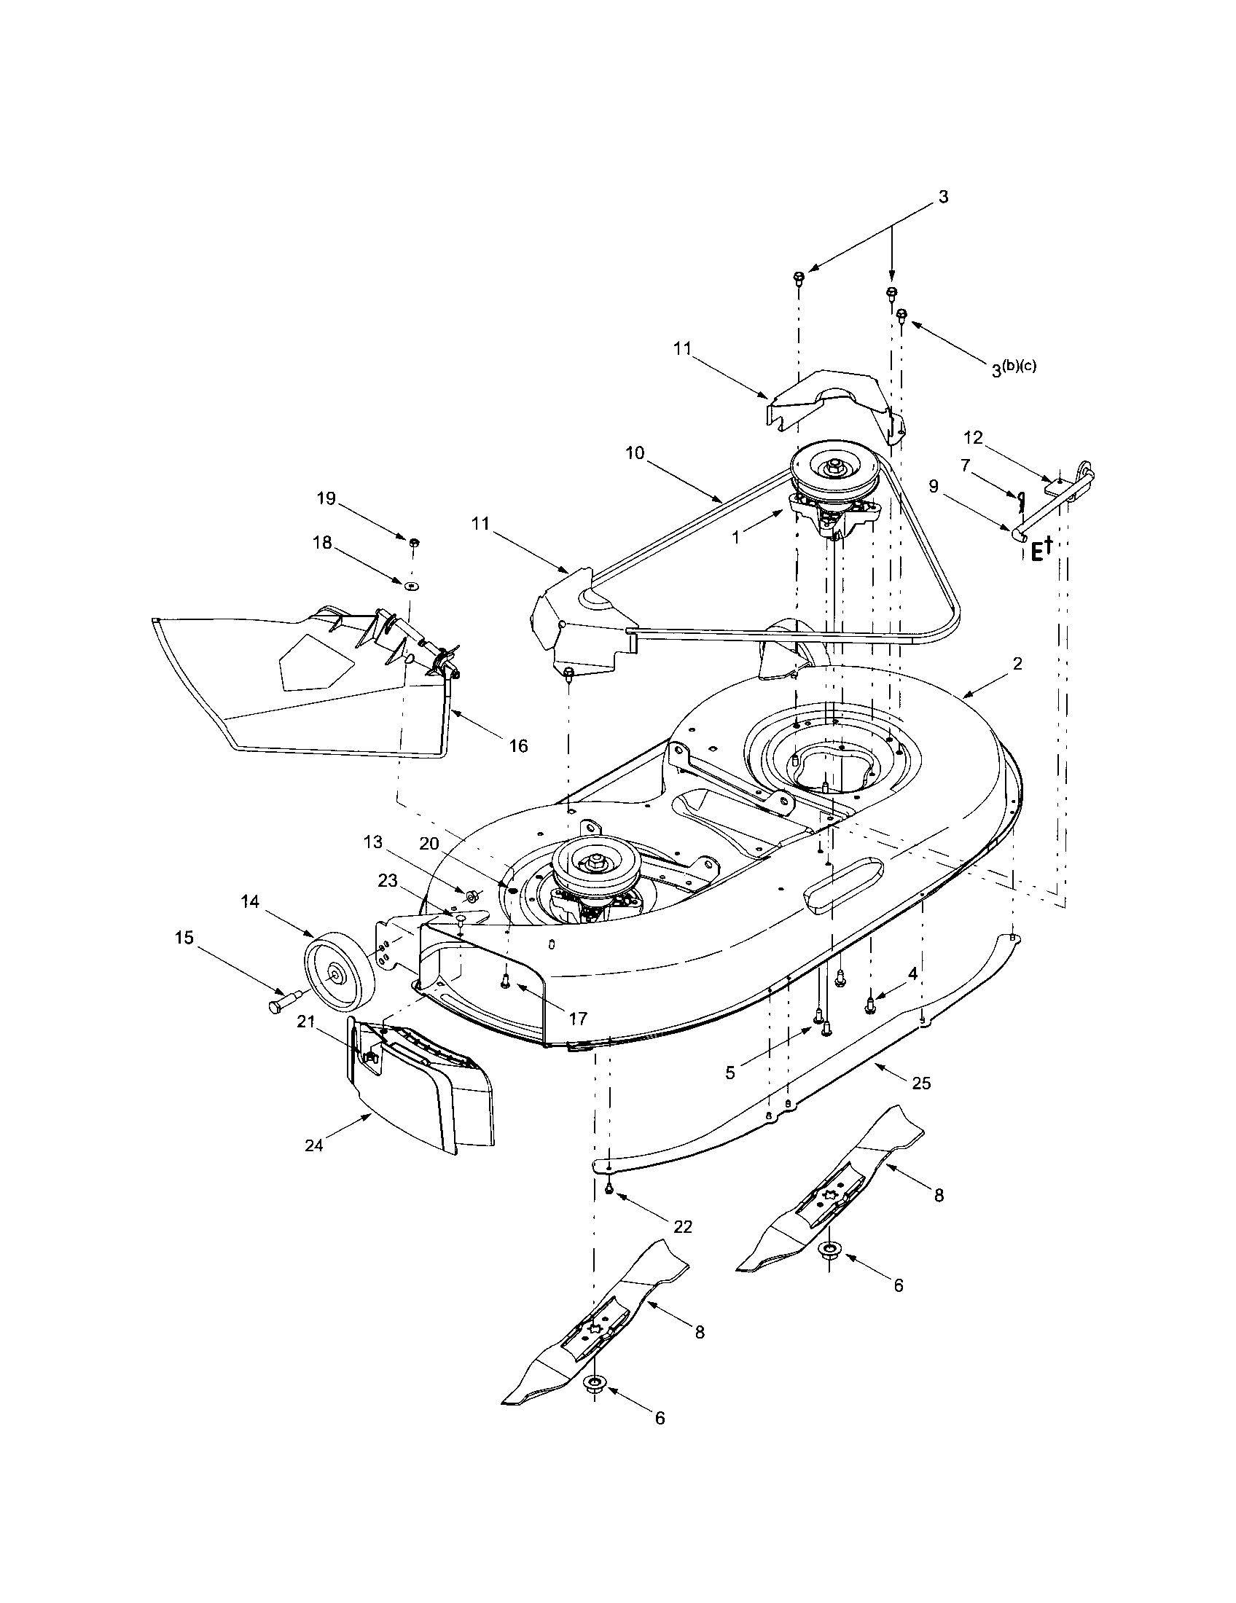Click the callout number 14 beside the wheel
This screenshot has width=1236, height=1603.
(x=250, y=902)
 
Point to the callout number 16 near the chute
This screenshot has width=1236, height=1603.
(x=518, y=745)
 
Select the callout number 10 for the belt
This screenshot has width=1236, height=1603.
(x=635, y=453)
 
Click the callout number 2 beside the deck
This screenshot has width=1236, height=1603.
(x=1017, y=664)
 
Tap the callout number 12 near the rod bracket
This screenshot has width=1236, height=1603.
(x=973, y=437)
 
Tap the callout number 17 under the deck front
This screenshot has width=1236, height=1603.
(x=578, y=1019)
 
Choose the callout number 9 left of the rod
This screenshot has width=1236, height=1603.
(x=934, y=486)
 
